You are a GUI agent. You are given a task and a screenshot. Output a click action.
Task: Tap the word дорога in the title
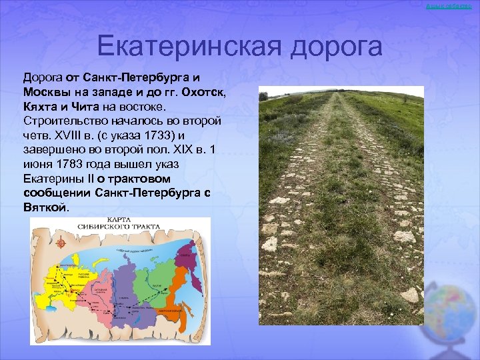point(337,47)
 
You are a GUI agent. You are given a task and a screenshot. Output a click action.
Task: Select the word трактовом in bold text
point(139,179)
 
